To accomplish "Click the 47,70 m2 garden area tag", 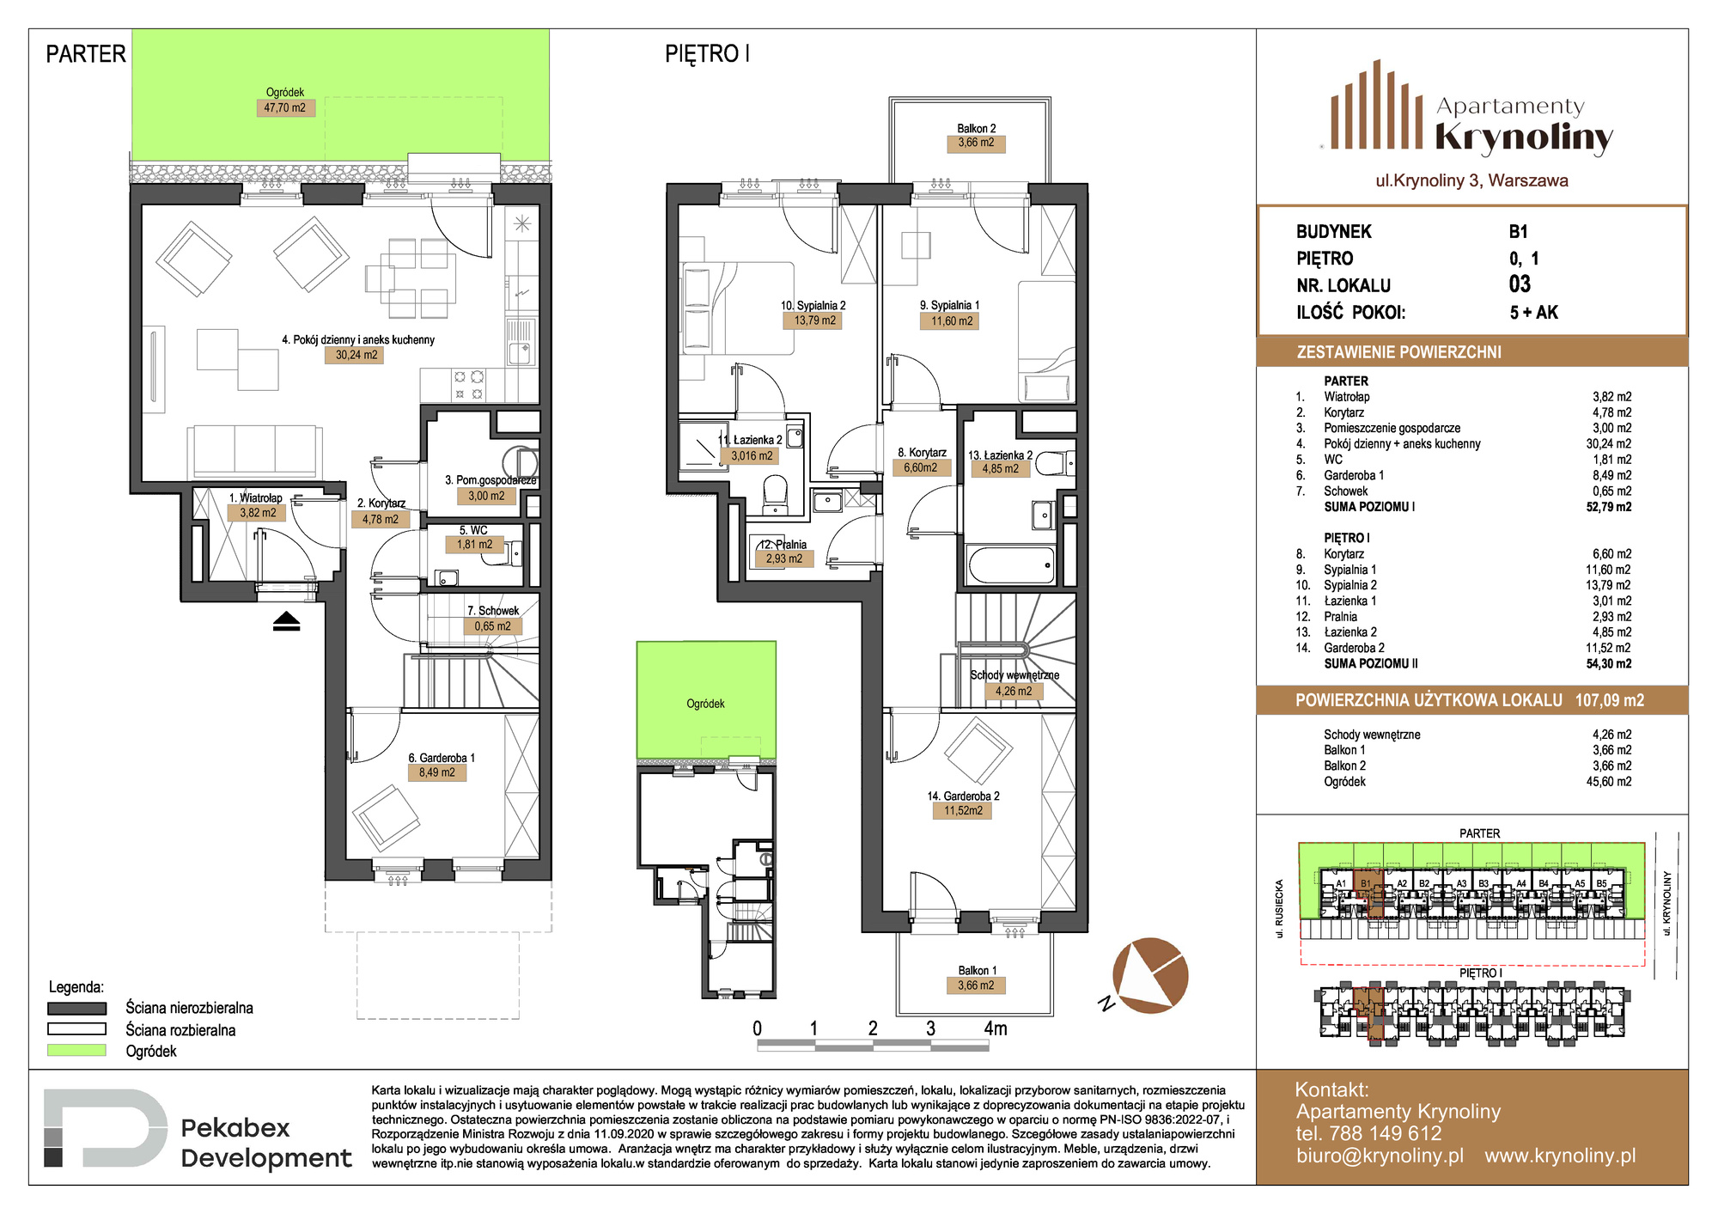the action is pos(285,107).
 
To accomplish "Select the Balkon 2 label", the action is pos(977,128).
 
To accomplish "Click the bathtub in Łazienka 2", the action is pos(1012,565).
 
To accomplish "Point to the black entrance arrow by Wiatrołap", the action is pos(287,621).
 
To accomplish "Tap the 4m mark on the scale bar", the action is pos(996,1028).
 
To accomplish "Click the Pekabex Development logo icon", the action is pos(105,1127).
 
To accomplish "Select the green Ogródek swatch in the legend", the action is pos(76,1050).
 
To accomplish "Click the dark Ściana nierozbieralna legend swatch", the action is pos(76,1008).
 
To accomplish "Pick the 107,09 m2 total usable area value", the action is pos(1610,700).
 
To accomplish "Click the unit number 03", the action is pos(1520,284).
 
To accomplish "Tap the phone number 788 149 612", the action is pos(1386,1133).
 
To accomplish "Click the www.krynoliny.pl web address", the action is pos(1560,1156).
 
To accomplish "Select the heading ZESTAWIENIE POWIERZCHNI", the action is pos(1399,352).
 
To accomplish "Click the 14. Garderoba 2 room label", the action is pos(963,796).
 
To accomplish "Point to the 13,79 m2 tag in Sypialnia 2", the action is pos(814,320).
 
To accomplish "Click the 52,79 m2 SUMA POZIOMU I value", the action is pos(1609,507).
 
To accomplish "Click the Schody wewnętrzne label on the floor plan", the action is pos(1014,675).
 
